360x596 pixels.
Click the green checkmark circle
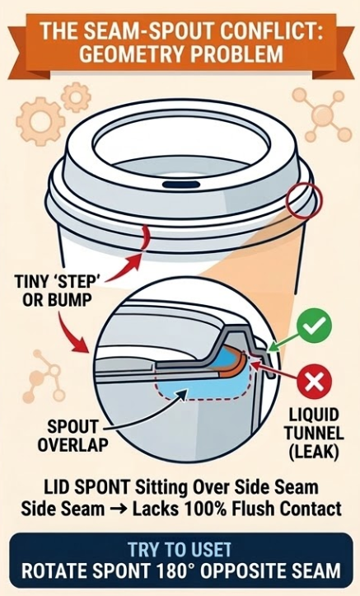point(315,326)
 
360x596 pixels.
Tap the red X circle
point(315,381)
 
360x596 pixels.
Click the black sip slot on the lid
point(181,185)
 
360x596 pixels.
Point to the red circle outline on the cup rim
point(304,201)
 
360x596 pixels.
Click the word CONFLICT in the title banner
point(271,31)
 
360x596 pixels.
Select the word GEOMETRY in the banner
point(131,54)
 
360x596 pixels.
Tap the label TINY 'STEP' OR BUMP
point(54,291)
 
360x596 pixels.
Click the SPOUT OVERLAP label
point(72,435)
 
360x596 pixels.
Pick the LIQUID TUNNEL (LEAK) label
point(314,434)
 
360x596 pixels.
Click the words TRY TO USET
point(180,550)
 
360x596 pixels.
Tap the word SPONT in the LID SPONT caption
point(104,488)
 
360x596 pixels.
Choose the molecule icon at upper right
point(322,114)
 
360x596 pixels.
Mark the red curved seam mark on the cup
point(144,238)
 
